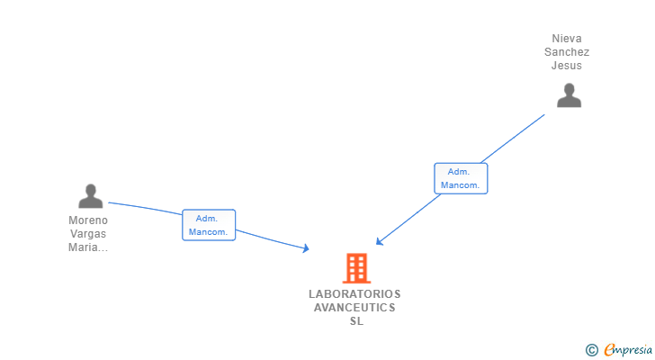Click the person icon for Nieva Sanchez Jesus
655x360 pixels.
[569, 94]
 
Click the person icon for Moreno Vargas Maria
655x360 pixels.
[90, 195]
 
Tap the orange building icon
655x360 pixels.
[356, 267]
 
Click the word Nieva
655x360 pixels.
[567, 39]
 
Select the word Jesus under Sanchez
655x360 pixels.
[567, 66]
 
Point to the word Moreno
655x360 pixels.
[88, 220]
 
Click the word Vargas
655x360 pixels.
[88, 234]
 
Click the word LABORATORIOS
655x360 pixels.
[354, 294]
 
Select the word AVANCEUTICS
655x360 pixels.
[354, 308]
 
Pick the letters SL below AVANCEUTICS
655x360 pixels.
[356, 321]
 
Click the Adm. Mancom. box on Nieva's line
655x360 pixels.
[461, 178]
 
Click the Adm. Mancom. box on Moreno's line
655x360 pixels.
[209, 225]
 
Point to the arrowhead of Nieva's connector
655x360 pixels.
[379, 242]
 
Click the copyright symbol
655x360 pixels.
[591, 350]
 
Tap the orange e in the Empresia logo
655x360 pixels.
[610, 350]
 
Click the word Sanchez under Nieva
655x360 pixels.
[567, 52]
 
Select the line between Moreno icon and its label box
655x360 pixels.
[144, 207]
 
